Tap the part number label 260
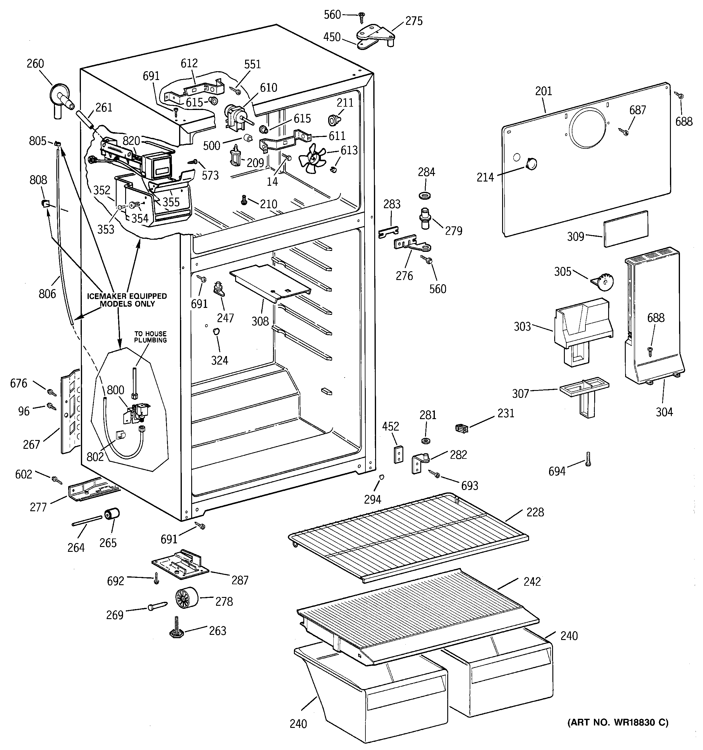[35, 63]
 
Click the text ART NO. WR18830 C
[618, 722]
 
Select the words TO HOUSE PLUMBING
[150, 337]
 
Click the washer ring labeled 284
[426, 195]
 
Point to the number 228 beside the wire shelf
[535, 512]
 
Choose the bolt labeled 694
[588, 459]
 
